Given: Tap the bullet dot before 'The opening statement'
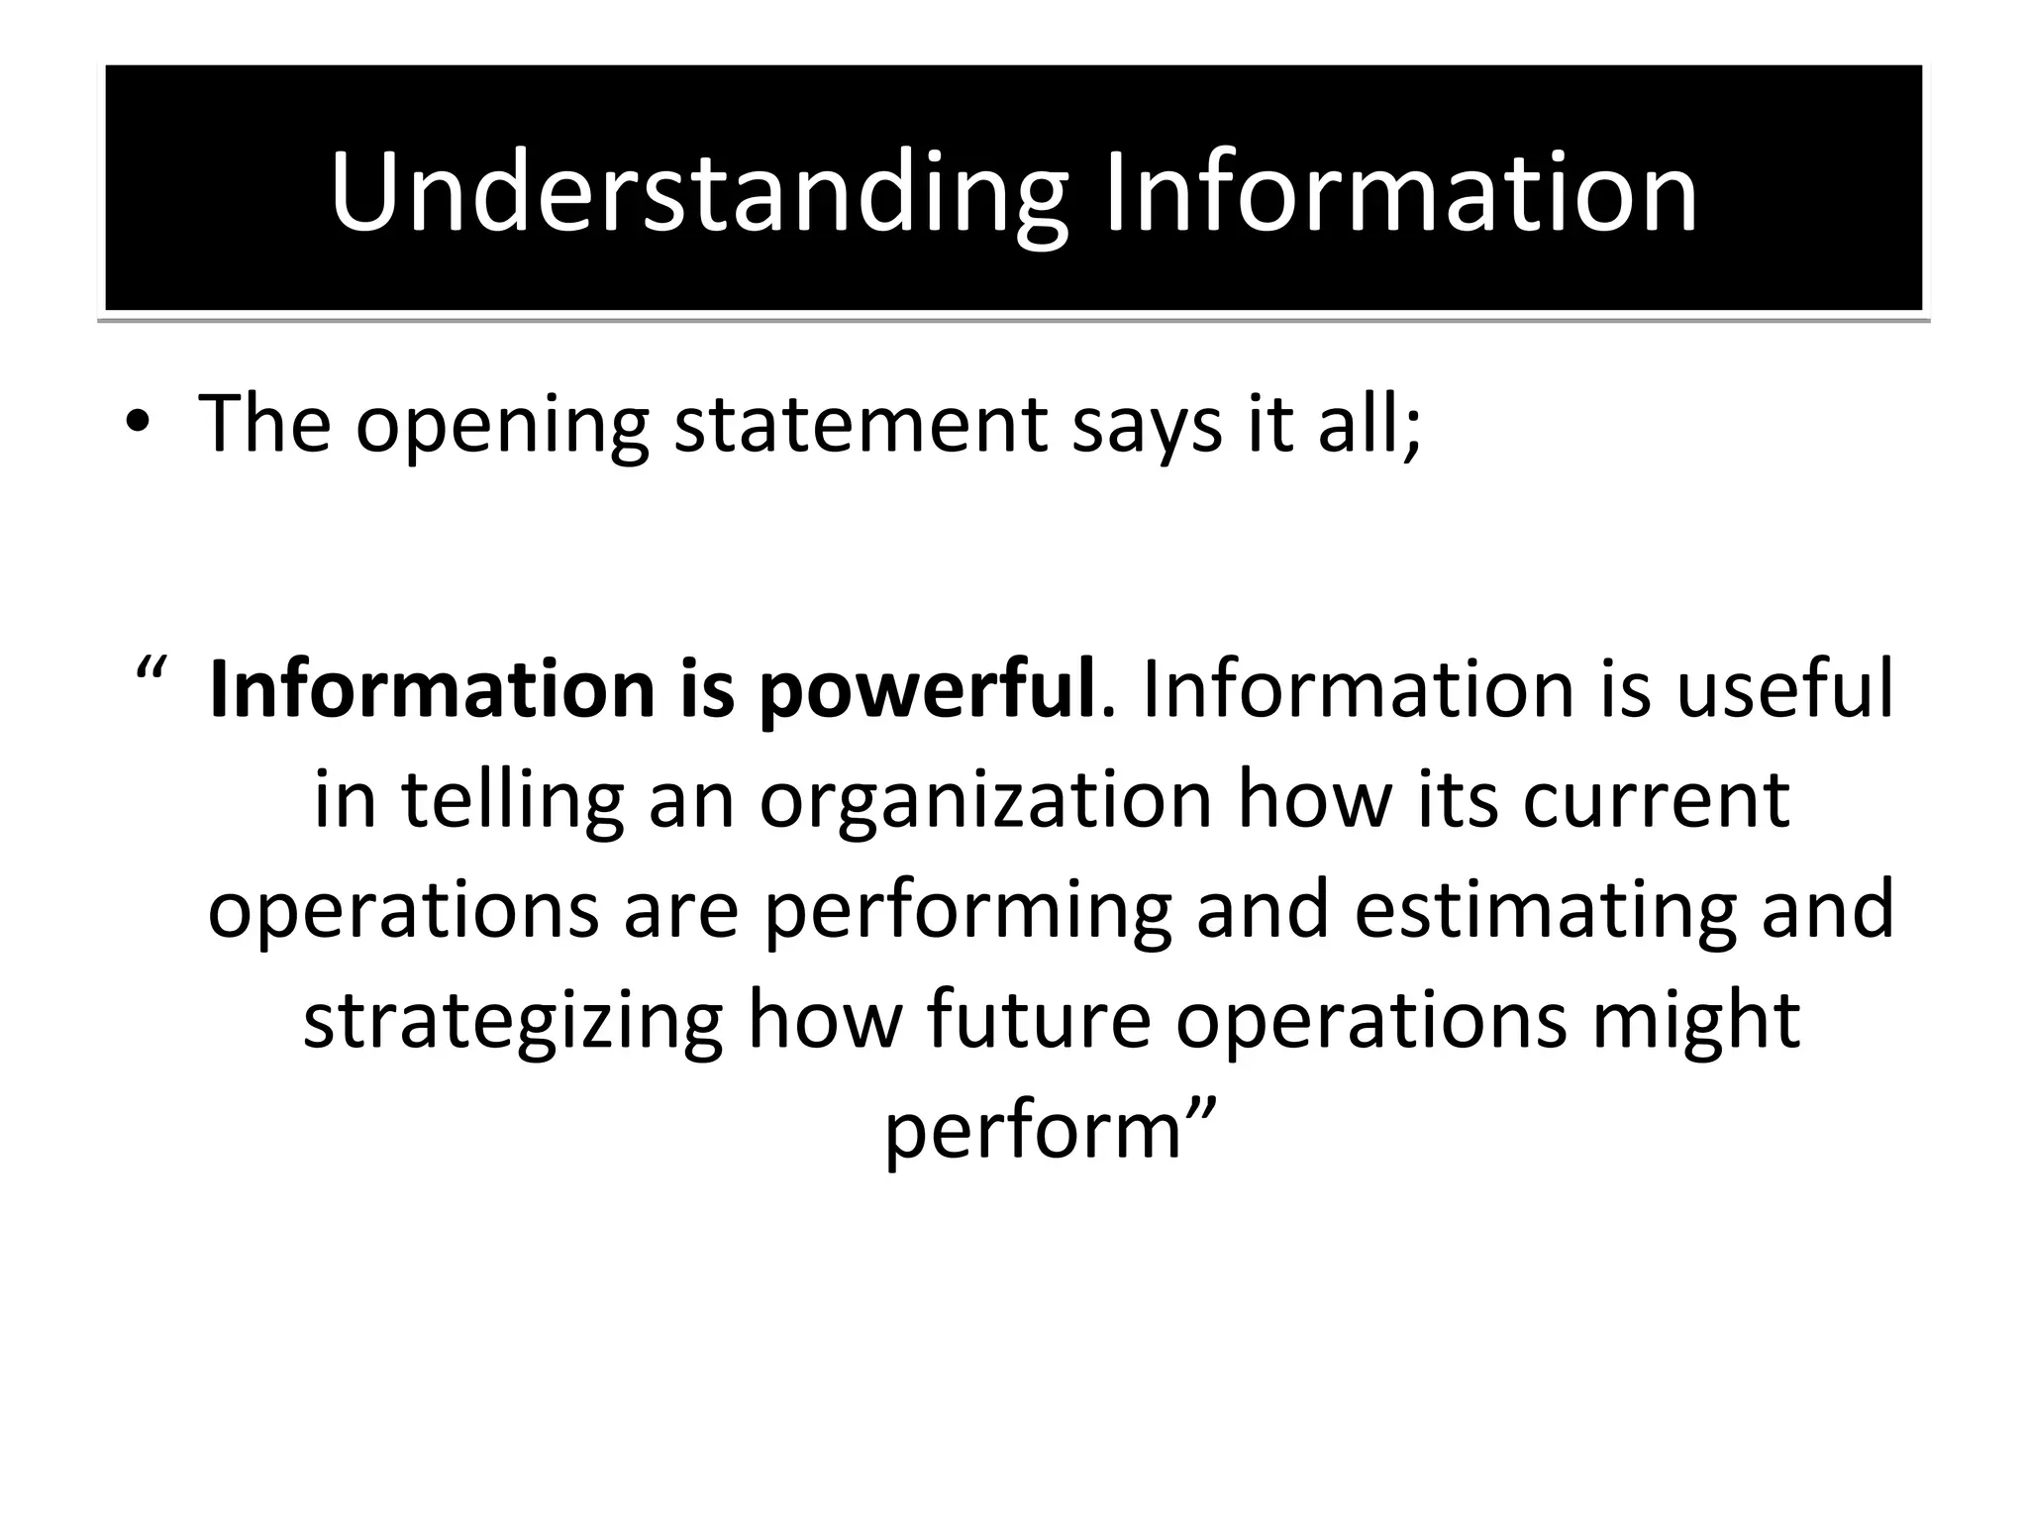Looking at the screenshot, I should pos(138,423).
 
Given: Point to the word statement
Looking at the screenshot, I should pos(860,424).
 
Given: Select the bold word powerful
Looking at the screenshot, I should pos(927,690).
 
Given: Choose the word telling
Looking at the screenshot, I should pos(513,801).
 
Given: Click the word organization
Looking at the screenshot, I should pos(986,801).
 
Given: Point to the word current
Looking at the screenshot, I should pos(1656,799).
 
